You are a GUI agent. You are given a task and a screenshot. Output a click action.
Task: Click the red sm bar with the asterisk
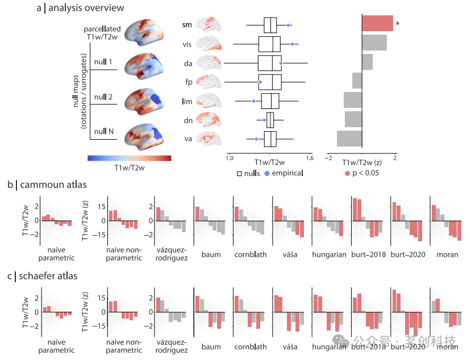click(x=377, y=23)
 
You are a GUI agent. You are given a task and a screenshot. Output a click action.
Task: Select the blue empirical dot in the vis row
click(x=292, y=44)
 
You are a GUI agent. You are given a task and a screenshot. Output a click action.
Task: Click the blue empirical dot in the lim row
click(x=253, y=101)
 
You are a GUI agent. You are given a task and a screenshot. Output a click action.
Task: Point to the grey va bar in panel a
click(x=349, y=138)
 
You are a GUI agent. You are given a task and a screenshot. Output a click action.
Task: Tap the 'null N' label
click(x=103, y=131)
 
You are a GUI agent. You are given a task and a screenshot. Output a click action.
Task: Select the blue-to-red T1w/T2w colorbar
click(x=129, y=159)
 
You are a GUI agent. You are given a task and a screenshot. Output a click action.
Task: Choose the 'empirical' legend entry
click(x=279, y=173)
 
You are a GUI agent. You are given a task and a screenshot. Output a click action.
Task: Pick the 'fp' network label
click(x=187, y=82)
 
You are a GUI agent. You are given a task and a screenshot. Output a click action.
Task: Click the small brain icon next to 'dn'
click(x=207, y=120)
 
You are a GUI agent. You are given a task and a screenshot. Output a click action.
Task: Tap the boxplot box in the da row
click(x=270, y=63)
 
